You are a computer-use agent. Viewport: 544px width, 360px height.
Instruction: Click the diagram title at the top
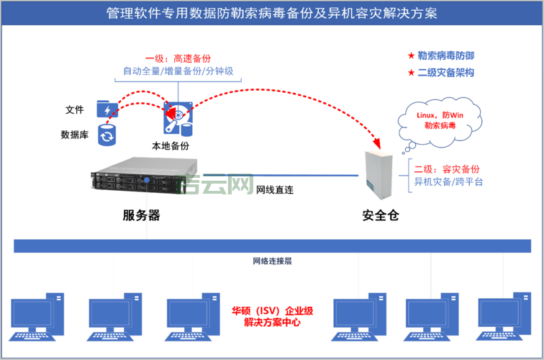coord(271,14)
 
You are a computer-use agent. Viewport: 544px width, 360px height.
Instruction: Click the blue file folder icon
coord(107,109)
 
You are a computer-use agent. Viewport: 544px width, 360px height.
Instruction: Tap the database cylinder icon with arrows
coord(107,135)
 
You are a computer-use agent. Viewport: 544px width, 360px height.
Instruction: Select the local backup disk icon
coord(177,120)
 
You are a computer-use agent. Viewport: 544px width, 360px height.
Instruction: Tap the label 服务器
coord(141,215)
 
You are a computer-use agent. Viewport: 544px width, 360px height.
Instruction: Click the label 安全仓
coord(379,215)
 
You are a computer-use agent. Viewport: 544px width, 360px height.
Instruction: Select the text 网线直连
coord(276,191)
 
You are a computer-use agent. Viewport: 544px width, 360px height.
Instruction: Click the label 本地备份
coord(171,145)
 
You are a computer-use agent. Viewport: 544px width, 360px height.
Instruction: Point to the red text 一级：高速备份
coord(178,58)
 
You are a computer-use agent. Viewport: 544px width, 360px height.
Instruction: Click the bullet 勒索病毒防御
coord(445,56)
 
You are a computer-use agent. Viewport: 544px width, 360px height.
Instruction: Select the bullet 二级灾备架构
coord(445,73)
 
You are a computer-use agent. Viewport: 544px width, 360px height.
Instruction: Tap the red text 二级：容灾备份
coord(448,168)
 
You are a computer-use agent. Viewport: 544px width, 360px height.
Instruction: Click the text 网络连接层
coord(271,261)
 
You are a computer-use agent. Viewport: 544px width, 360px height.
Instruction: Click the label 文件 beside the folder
coord(75,109)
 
